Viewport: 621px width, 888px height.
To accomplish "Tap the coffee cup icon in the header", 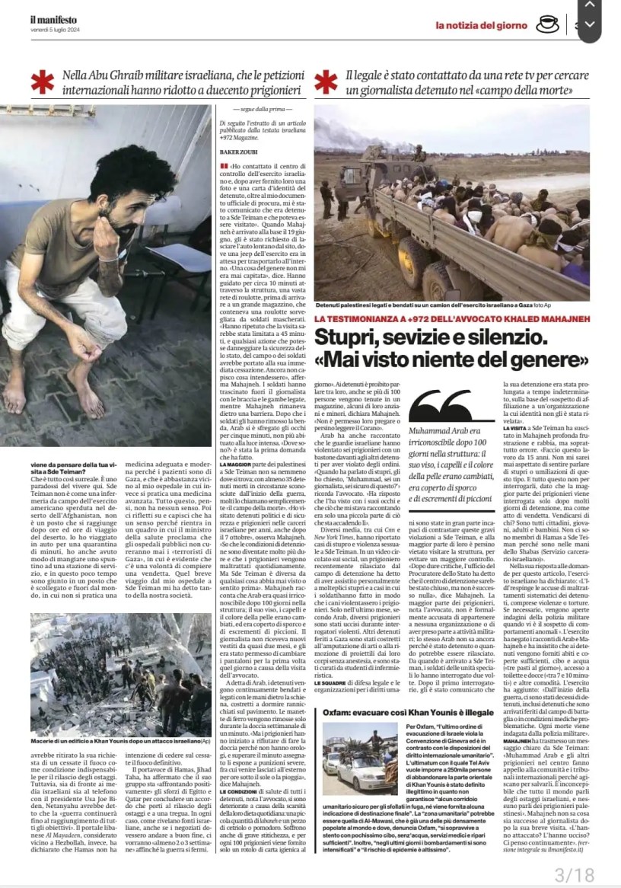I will click(547, 24).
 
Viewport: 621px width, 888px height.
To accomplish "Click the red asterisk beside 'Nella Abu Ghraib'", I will click(43, 82).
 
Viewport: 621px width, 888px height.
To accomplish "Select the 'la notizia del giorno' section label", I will click(482, 25).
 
